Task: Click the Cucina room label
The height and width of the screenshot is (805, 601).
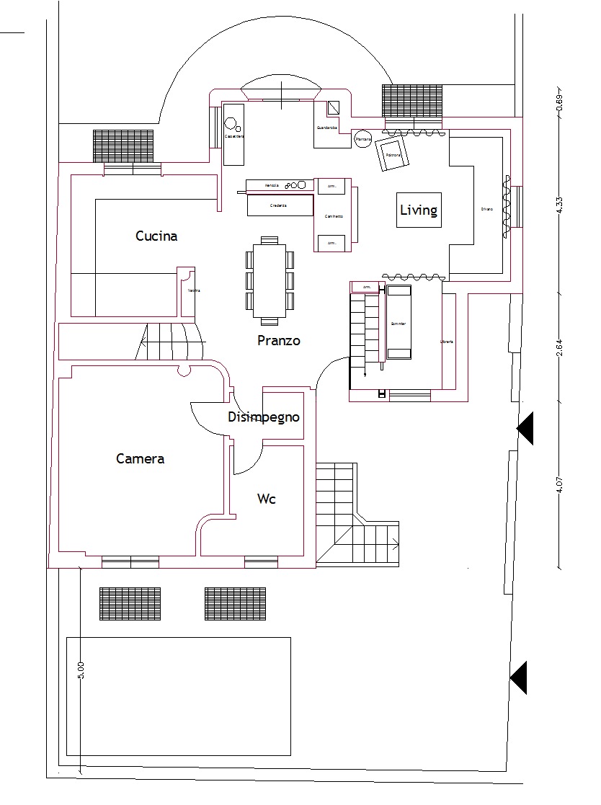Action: point(156,236)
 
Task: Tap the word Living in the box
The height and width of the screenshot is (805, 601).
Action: point(419,210)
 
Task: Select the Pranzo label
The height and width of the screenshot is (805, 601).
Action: point(278,341)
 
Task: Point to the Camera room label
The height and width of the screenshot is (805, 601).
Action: point(140,458)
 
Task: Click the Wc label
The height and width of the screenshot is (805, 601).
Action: point(267,499)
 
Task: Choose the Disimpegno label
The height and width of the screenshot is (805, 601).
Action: point(263,417)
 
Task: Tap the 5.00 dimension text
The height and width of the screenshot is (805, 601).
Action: point(81,670)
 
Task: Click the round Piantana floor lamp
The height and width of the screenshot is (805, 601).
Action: point(362,140)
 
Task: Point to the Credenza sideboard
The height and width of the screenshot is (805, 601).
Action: point(280,205)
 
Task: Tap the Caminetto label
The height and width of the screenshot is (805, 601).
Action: point(333,216)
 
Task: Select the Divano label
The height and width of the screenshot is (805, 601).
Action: point(487,209)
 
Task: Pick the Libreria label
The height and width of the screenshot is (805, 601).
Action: point(447,341)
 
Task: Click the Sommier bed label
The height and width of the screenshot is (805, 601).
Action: point(399,324)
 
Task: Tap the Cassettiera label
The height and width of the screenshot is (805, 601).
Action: point(233,135)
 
